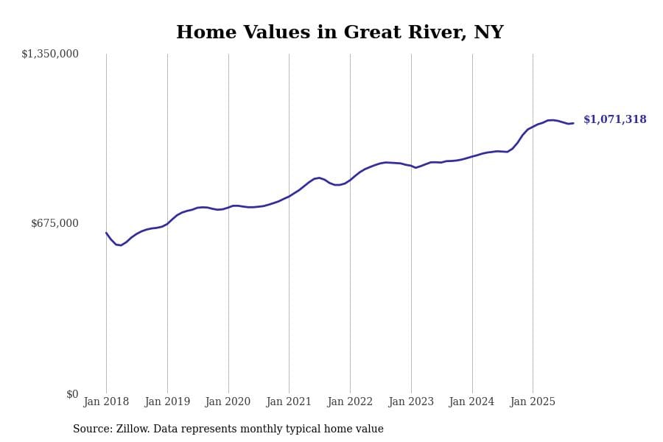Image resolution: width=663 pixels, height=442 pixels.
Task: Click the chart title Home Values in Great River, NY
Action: click(340, 33)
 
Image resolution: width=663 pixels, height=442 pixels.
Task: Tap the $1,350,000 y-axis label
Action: click(50, 54)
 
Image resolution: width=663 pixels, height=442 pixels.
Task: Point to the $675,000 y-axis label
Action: click(55, 223)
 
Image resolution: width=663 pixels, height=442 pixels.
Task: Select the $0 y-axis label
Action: click(72, 394)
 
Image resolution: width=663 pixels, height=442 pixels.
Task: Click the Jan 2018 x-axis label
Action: click(106, 402)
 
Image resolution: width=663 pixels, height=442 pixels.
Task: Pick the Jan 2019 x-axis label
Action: click(167, 402)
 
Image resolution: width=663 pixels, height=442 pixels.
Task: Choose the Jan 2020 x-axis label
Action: click(228, 402)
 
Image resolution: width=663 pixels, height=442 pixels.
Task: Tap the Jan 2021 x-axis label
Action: click(289, 402)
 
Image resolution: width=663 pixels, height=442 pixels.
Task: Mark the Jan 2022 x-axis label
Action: click(350, 402)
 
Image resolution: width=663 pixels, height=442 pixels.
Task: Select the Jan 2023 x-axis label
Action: click(411, 402)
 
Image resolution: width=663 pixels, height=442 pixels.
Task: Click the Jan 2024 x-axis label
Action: click(471, 402)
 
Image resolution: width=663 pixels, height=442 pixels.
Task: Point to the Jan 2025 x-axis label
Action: click(533, 402)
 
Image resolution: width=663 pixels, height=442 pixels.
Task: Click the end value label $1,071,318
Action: click(614, 120)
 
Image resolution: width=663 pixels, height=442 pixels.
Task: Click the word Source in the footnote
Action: click(91, 429)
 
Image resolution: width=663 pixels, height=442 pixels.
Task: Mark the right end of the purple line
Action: click(573, 123)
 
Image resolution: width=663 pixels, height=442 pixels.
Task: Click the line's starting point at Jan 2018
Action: click(106, 233)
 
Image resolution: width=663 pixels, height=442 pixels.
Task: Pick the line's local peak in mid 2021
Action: click(320, 178)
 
